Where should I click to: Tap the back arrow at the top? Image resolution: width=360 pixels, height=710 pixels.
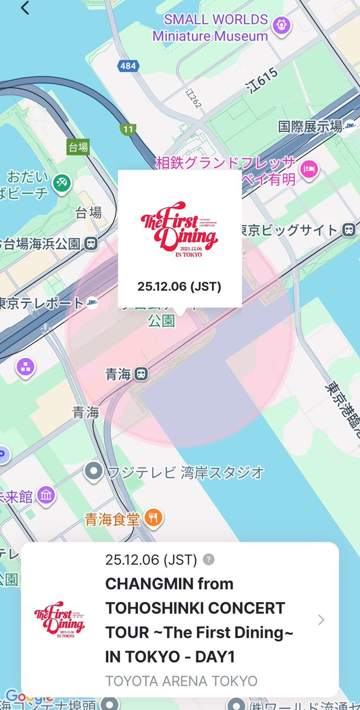click(24, 8)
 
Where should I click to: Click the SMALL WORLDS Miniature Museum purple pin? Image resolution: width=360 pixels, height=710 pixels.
click(281, 24)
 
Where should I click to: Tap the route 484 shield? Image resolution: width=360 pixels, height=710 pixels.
click(127, 66)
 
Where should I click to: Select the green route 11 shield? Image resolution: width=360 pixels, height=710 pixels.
click(127, 128)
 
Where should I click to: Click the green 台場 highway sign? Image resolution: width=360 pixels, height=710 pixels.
click(78, 147)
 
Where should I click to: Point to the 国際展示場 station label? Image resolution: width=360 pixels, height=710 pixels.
click(310, 126)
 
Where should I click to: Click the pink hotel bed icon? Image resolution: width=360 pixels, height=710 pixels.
click(310, 169)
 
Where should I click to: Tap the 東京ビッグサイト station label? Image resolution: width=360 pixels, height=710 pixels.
click(290, 230)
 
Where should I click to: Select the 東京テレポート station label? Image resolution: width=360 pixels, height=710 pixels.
click(41, 303)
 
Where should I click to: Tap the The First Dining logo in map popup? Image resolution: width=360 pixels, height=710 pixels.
click(179, 231)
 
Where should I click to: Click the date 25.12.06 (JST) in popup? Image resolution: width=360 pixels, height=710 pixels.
click(179, 287)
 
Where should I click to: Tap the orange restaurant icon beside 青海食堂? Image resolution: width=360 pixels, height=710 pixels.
click(153, 518)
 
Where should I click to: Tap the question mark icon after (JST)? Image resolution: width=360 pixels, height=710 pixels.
click(208, 560)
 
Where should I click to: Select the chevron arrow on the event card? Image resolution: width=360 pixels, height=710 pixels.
click(321, 620)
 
